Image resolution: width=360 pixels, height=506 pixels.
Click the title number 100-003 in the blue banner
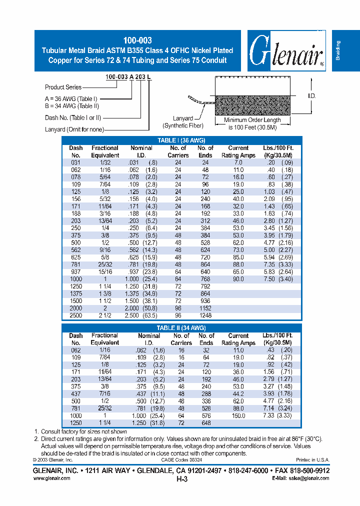pyautogui.click(x=137, y=40)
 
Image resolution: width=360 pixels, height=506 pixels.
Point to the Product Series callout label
pyautogui.click(x=63, y=87)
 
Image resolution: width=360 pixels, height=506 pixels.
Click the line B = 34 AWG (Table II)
pyautogui.click(x=72, y=106)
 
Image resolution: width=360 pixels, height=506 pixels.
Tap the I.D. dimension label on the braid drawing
pyautogui.click(x=312, y=95)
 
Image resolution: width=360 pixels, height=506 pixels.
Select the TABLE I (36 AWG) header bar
pyautogui.click(x=181, y=140)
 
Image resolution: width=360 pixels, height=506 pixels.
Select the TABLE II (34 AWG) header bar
pyautogui.click(x=181, y=328)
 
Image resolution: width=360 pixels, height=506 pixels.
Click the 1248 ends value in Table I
pyautogui.click(x=205, y=315)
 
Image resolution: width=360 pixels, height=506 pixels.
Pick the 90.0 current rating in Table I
pyautogui.click(x=238, y=278)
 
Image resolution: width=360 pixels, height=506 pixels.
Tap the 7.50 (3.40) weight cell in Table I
pyautogui.click(x=277, y=278)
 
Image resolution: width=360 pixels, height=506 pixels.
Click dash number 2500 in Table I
pyautogui.click(x=76, y=315)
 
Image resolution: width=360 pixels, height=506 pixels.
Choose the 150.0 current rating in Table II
pyautogui.click(x=238, y=415)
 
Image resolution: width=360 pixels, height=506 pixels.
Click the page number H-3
pyautogui.click(x=181, y=478)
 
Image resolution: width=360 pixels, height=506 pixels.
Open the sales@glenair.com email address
pyautogui.click(x=308, y=478)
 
